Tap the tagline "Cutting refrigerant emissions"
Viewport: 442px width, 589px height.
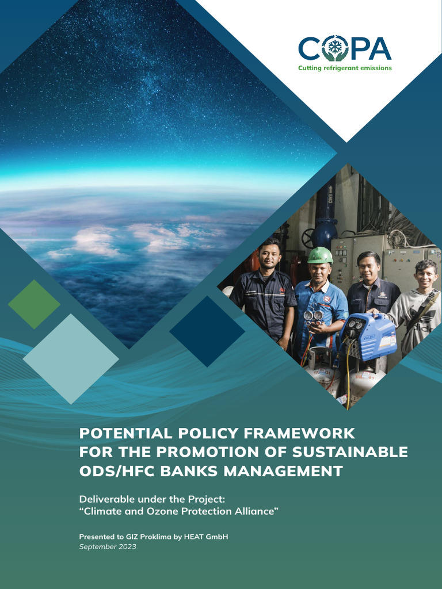(345, 68)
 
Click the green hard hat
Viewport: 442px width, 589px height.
(320, 255)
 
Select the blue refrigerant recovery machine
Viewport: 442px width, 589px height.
(368, 336)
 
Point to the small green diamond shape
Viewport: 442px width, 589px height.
(34, 304)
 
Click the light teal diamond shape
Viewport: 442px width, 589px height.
(71, 358)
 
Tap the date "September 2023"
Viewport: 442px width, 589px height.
(108, 547)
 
